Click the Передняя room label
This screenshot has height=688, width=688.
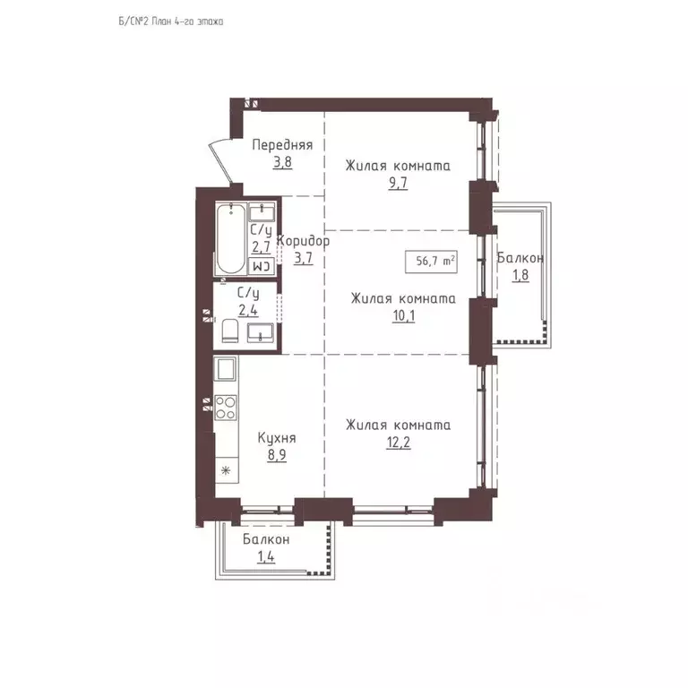282,145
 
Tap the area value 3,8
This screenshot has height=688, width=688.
282,162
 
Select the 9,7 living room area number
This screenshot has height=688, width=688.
398,183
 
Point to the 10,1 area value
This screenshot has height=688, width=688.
404,315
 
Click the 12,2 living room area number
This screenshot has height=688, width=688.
399,443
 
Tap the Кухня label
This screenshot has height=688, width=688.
277,438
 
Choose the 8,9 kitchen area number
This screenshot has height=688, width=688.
277,455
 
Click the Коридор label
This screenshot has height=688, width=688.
303,241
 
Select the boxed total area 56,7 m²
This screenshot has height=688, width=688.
431,261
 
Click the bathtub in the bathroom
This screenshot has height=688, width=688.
231,238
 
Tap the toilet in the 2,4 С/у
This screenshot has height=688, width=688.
230,331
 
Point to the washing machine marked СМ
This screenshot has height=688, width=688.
262,266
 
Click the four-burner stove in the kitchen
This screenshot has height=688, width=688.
226,408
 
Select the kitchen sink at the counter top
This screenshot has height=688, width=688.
225,368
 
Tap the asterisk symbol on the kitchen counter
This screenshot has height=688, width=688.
226,471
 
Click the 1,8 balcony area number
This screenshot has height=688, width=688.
520,275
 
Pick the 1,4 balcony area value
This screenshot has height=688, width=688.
266,557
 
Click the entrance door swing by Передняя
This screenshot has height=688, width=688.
220,160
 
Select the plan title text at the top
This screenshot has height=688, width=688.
171,21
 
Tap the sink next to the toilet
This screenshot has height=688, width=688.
260,332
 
